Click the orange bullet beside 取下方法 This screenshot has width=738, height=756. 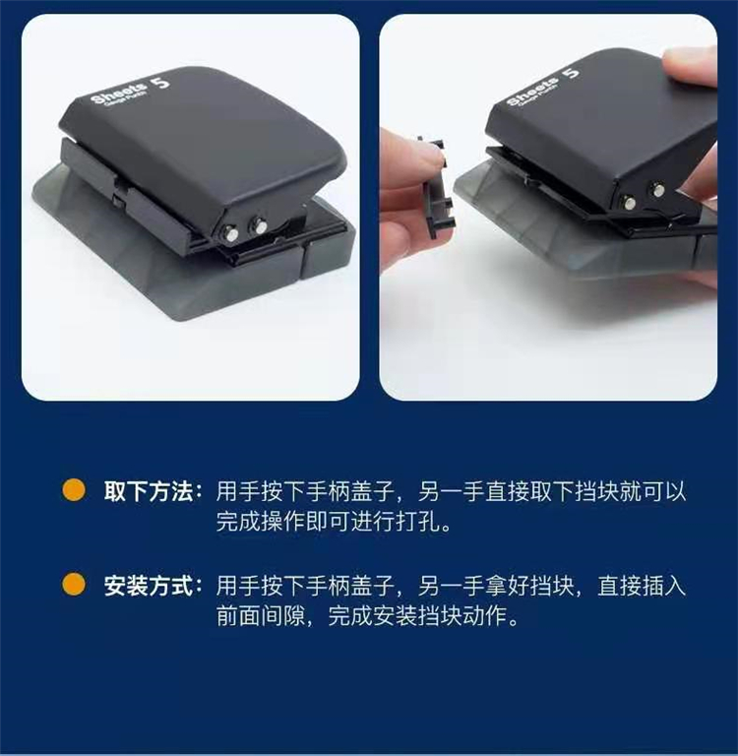(x=74, y=490)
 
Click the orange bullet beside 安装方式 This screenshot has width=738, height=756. (x=74, y=585)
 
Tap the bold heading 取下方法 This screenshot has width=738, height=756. (x=149, y=491)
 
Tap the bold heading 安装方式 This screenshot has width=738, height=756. (x=149, y=586)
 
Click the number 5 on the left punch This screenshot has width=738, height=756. (x=161, y=82)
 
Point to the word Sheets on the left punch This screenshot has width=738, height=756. (x=119, y=94)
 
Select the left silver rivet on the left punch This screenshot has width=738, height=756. (x=231, y=234)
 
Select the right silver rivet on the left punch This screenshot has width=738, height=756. (x=259, y=225)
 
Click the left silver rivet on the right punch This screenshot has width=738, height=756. (x=630, y=201)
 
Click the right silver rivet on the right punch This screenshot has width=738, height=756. (x=657, y=189)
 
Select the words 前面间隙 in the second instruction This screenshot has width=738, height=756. (x=261, y=615)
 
